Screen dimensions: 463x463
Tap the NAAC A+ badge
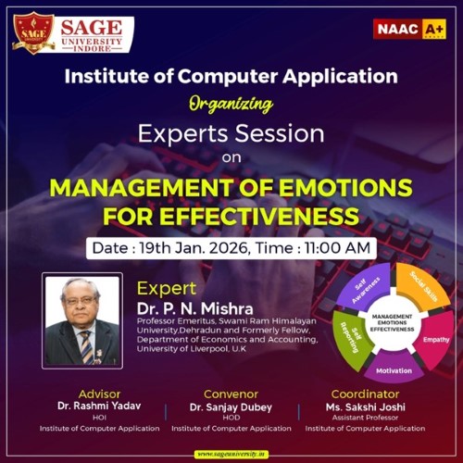(408, 29)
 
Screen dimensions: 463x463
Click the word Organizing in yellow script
(231, 103)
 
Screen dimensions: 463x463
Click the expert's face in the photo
(82, 307)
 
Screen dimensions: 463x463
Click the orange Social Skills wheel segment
(420, 289)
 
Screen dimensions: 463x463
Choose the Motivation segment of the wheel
(394, 370)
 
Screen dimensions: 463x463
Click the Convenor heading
(231, 394)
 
